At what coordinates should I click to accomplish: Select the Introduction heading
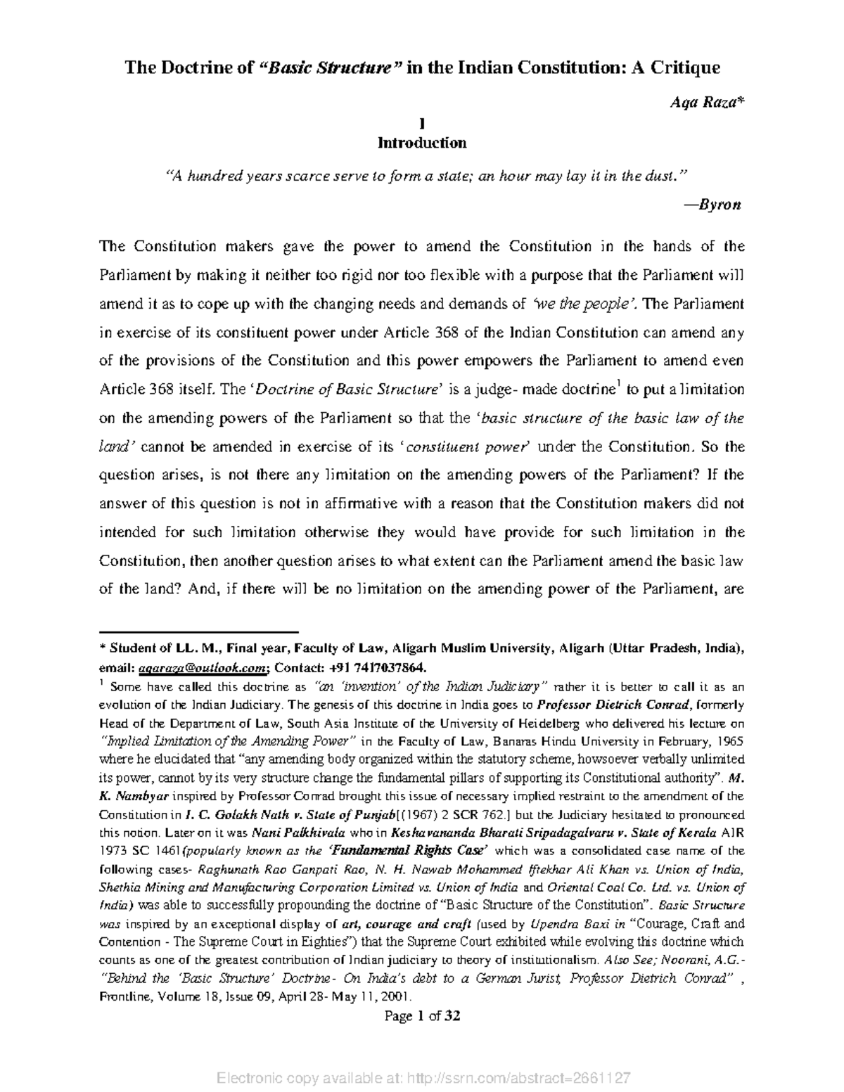pyautogui.click(x=421, y=143)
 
